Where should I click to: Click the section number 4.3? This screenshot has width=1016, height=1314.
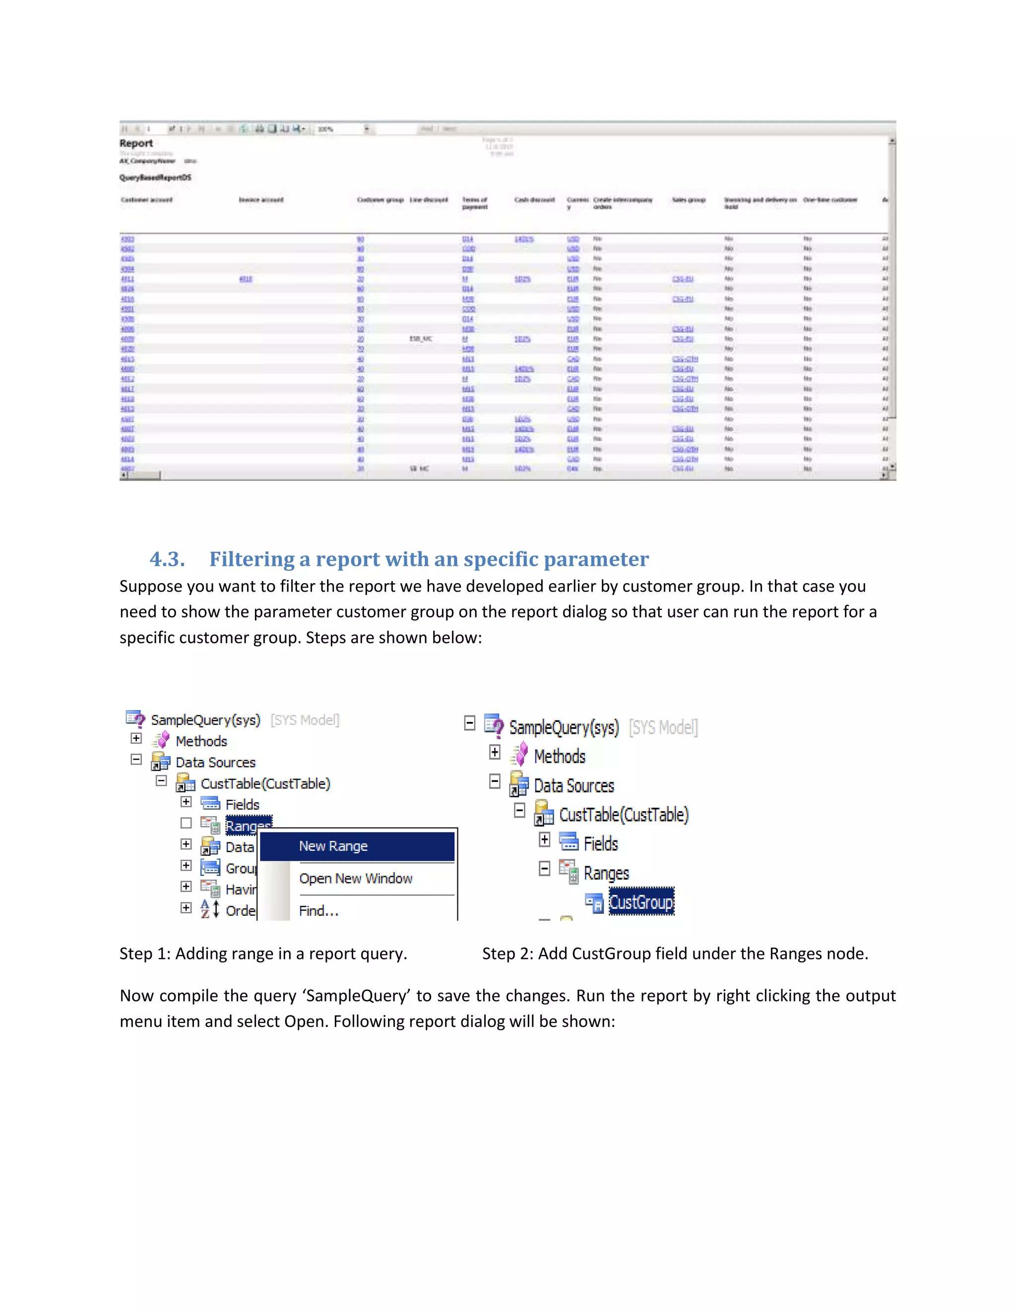click(167, 559)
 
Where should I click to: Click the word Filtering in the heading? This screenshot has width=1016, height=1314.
click(252, 559)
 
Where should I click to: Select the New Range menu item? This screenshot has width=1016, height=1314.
click(333, 846)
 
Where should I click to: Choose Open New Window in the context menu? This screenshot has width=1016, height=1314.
click(355, 879)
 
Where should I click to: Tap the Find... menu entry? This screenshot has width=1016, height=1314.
click(318, 911)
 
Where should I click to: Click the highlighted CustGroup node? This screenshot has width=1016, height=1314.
click(641, 902)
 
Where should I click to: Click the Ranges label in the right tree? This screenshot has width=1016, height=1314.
click(606, 873)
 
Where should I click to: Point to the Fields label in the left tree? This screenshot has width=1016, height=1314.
click(242, 804)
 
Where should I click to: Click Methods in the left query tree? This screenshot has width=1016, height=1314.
click(201, 741)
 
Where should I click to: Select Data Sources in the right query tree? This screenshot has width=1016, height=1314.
click(573, 786)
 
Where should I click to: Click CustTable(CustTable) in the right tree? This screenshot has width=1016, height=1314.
click(624, 815)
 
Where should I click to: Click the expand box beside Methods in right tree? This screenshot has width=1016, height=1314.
click(495, 752)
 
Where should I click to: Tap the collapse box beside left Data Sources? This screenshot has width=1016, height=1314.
click(136, 760)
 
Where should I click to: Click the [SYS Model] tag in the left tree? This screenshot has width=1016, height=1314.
click(305, 720)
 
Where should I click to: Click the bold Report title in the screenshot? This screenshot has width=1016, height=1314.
click(136, 143)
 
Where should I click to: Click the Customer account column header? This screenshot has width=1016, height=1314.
click(146, 200)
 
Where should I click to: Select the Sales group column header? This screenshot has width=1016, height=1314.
click(688, 200)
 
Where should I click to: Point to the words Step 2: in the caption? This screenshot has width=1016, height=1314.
click(508, 954)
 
